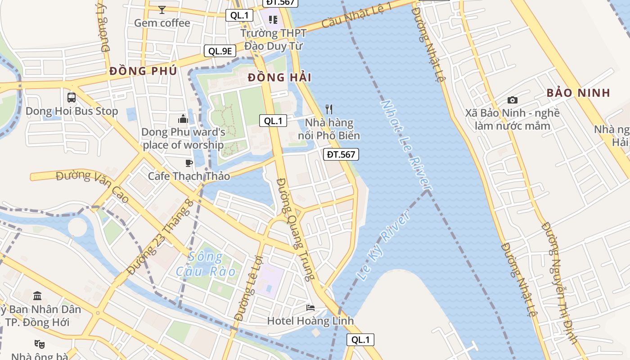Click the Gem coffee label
pyautogui.click(x=162, y=23)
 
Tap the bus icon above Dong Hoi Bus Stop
pyautogui.click(x=71, y=97)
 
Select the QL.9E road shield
pyautogui.click(x=220, y=51)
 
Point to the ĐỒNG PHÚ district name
pyautogui.click(x=143, y=71)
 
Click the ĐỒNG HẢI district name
pyautogui.click(x=279, y=77)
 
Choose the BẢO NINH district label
pyautogui.click(x=578, y=93)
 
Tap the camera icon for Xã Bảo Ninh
pyautogui.click(x=512, y=100)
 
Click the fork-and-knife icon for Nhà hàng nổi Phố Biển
pyautogui.click(x=329, y=109)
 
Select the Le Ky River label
pyautogui.click(x=385, y=245)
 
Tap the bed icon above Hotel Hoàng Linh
pyautogui.click(x=310, y=308)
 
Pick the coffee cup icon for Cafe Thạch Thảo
pyautogui.click(x=189, y=163)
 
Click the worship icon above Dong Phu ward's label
pyautogui.click(x=183, y=119)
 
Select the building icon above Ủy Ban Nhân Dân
pyautogui.click(x=38, y=296)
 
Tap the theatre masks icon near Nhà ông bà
pyautogui.click(x=40, y=344)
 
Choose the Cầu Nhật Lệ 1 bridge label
pyautogui.click(x=357, y=15)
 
